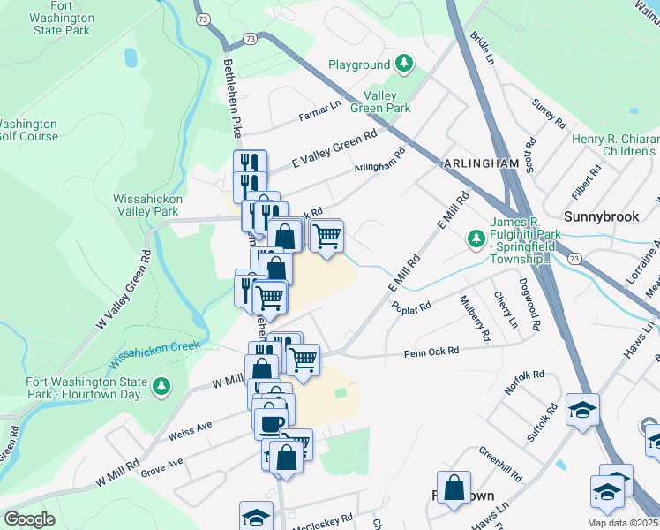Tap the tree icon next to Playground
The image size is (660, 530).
(x=404, y=64)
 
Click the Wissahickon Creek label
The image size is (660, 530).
(x=154, y=352)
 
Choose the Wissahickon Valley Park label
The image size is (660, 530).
(x=148, y=205)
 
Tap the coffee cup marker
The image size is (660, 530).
(x=271, y=421)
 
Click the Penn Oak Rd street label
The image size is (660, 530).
(x=432, y=352)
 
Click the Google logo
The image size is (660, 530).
(x=29, y=519)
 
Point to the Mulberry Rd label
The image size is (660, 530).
(x=473, y=318)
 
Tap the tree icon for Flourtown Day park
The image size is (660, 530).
(x=161, y=386)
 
